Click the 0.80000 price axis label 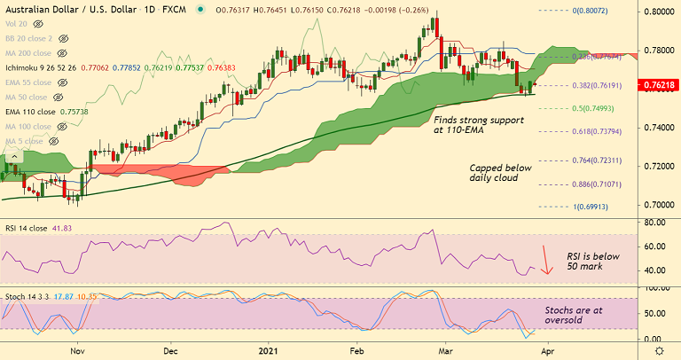point(657,12)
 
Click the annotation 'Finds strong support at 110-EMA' point(474,123)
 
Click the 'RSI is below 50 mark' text point(591,262)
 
